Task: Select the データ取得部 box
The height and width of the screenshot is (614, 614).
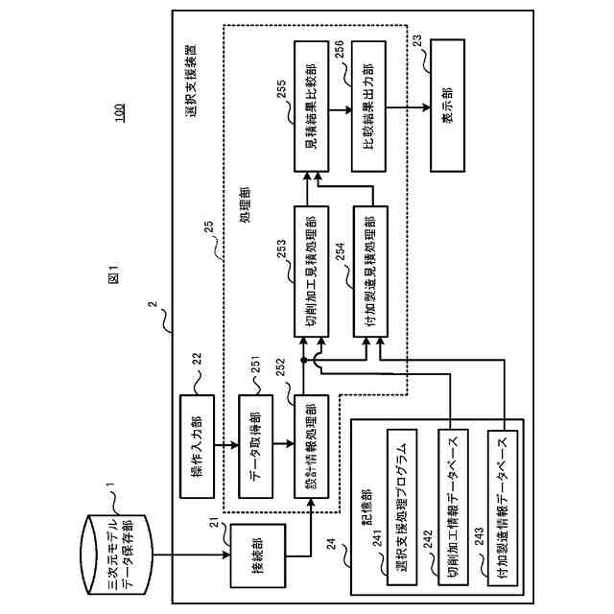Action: [x=254, y=446]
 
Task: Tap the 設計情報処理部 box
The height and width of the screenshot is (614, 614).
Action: [x=310, y=446]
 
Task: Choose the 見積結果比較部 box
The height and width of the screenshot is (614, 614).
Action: [x=310, y=108]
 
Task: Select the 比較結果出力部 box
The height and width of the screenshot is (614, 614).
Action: [x=369, y=108]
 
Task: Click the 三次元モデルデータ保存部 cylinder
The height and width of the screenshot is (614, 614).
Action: [x=114, y=552]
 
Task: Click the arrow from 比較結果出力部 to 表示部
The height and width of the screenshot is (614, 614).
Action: [x=409, y=108]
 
